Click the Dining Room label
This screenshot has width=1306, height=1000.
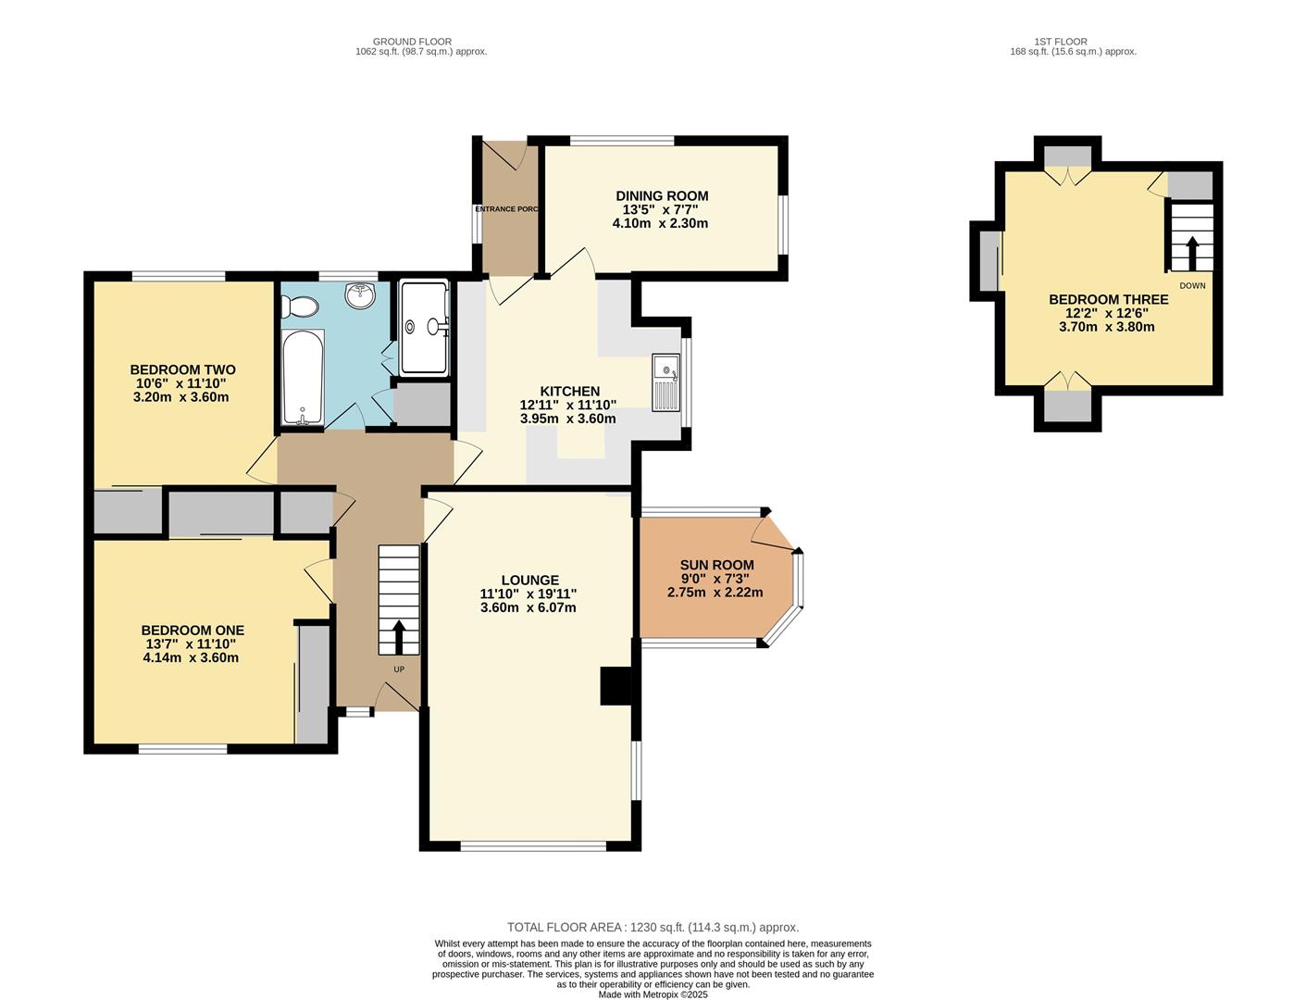click(662, 195)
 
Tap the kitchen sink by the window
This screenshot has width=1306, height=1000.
click(665, 382)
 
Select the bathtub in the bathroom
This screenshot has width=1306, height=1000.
click(303, 378)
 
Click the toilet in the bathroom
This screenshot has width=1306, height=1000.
click(300, 304)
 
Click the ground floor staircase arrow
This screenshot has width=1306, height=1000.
click(399, 637)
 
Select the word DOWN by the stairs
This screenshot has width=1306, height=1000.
click(1192, 285)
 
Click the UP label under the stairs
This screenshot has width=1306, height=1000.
click(399, 669)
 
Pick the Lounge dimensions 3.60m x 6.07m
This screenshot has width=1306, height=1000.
click(528, 607)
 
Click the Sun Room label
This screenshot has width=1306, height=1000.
click(716, 565)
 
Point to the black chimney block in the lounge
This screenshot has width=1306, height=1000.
click(616, 686)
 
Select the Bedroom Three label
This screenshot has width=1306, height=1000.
click(1108, 300)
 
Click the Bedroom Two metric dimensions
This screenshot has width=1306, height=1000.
click(180, 397)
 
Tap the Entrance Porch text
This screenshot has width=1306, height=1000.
click(506, 209)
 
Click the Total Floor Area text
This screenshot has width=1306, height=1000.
click(653, 927)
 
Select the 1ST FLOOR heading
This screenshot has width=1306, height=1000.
click(1061, 42)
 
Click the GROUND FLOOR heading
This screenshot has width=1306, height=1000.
click(412, 42)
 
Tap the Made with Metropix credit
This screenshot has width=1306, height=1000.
click(653, 994)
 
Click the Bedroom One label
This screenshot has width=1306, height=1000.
click(193, 631)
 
